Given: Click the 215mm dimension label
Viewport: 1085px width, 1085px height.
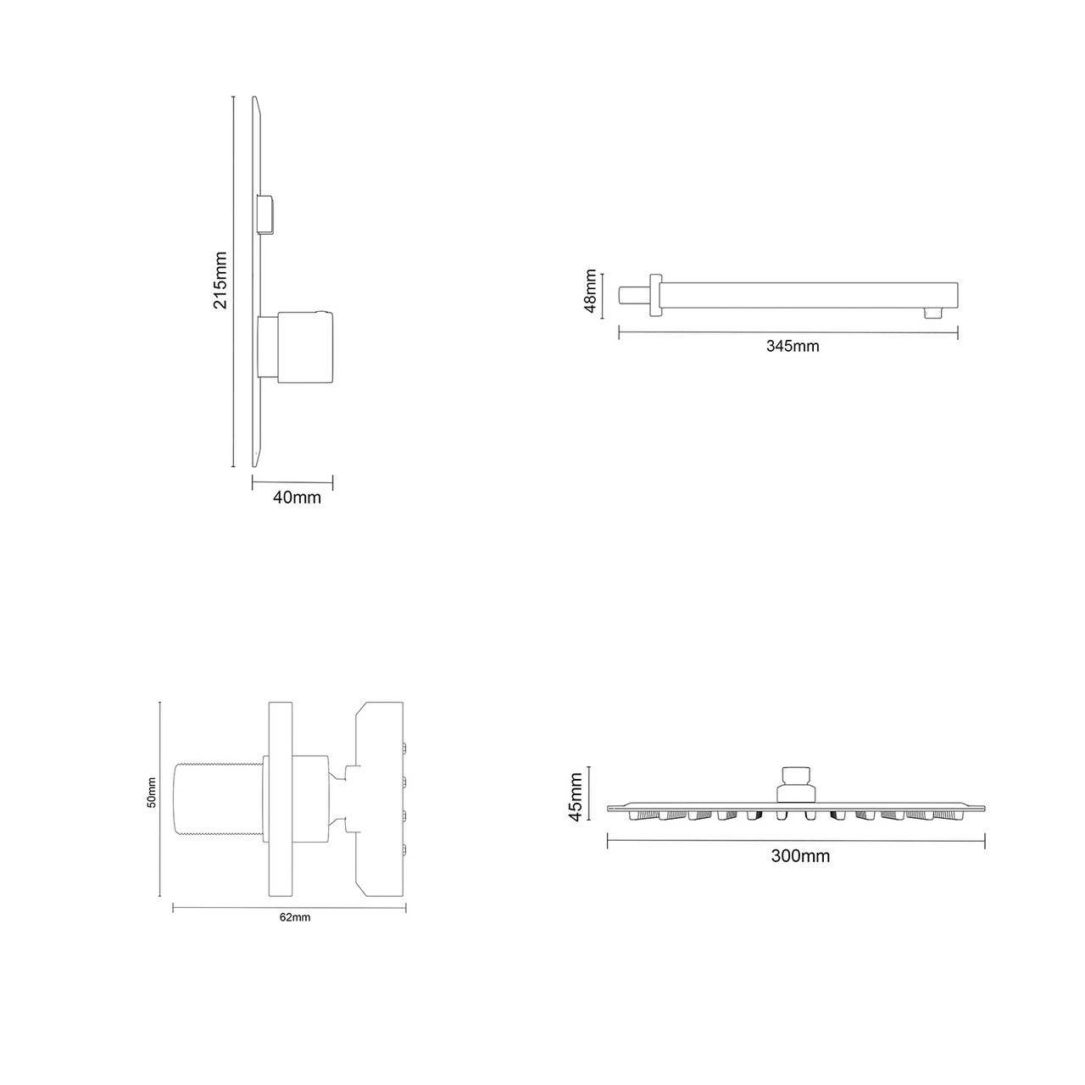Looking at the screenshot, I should [220, 280].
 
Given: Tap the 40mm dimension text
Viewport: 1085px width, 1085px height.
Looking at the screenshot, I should [297, 498].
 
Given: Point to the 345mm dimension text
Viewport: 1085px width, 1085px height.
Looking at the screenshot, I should [793, 346].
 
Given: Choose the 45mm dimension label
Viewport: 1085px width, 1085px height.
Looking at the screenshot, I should [576, 796].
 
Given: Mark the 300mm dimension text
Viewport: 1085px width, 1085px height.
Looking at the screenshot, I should [800, 856].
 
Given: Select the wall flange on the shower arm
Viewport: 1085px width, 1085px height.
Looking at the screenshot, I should [654, 296].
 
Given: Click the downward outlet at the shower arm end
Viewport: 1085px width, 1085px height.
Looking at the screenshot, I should [934, 314].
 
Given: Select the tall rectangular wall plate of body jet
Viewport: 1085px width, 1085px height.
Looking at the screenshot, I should [280, 798].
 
